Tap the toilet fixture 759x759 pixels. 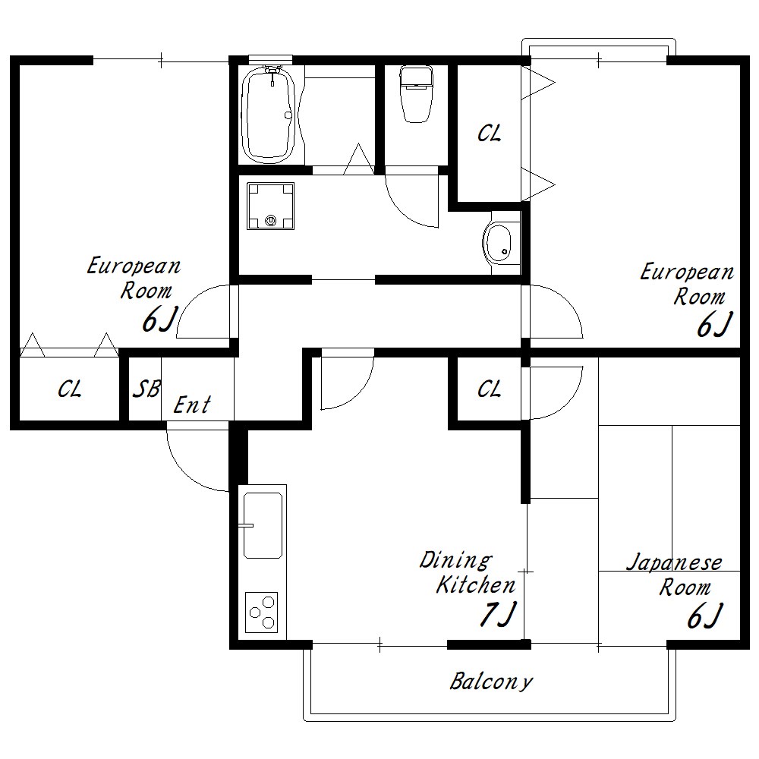click(x=416, y=94)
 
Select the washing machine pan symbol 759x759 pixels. click(x=271, y=206)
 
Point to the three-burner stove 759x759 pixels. click(x=261, y=612)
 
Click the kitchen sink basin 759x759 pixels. click(x=263, y=525)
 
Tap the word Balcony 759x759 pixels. click(x=491, y=682)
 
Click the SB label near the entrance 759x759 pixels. click(x=146, y=389)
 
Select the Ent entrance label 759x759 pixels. click(x=192, y=405)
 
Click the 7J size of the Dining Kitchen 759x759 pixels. click(x=499, y=614)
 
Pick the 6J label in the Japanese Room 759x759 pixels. click(x=705, y=616)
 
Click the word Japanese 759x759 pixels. click(x=674, y=563)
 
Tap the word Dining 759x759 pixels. click(x=455, y=561)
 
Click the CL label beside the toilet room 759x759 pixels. click(x=489, y=133)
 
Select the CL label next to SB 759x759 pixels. click(x=70, y=389)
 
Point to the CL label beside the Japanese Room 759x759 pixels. click(x=489, y=389)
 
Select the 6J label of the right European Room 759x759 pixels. click(x=714, y=324)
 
